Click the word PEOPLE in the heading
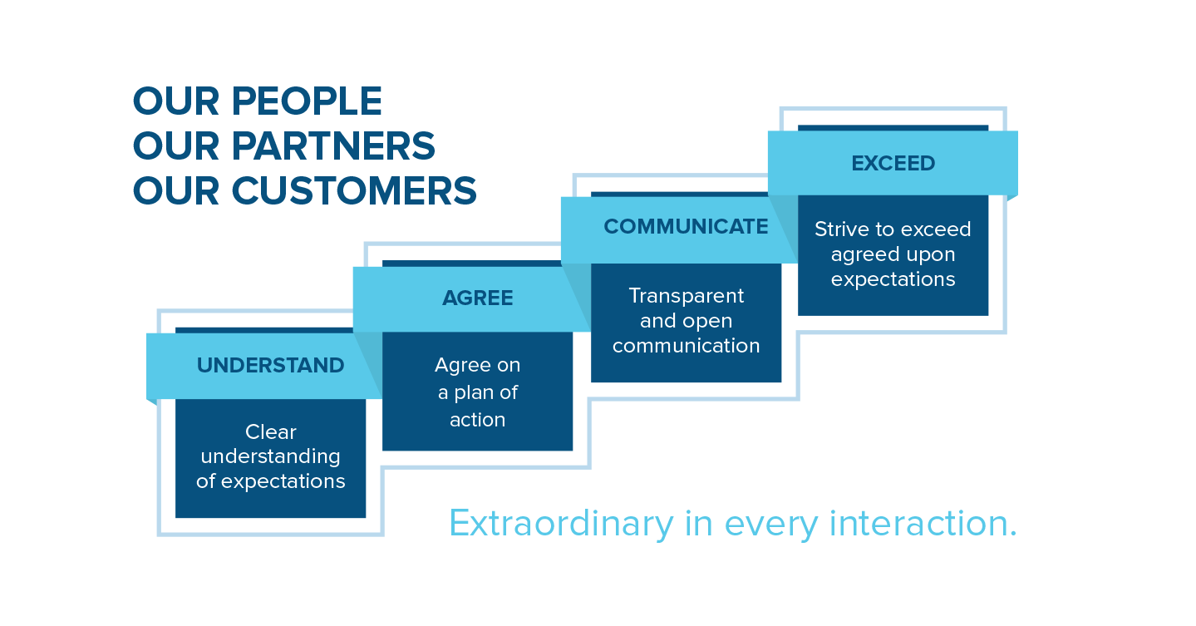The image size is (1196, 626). click(x=307, y=101)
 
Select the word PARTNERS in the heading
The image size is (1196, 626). click(x=333, y=145)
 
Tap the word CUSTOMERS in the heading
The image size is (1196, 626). click(x=354, y=190)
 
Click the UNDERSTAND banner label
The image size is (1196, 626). click(x=270, y=365)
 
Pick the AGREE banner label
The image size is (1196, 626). click(x=477, y=298)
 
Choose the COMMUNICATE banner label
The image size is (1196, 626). click(x=686, y=226)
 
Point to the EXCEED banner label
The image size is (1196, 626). click(x=893, y=163)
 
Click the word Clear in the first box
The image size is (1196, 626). click(x=270, y=431)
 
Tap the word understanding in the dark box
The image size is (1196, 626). click(x=270, y=457)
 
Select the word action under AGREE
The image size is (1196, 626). click(x=477, y=420)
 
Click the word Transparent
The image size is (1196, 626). click(x=686, y=296)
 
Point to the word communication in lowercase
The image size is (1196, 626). click(x=686, y=346)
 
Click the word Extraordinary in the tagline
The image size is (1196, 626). click(x=561, y=523)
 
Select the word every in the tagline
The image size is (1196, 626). click(x=771, y=526)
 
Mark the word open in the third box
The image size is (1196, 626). click(x=708, y=322)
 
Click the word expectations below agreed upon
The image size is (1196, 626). click(x=893, y=280)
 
